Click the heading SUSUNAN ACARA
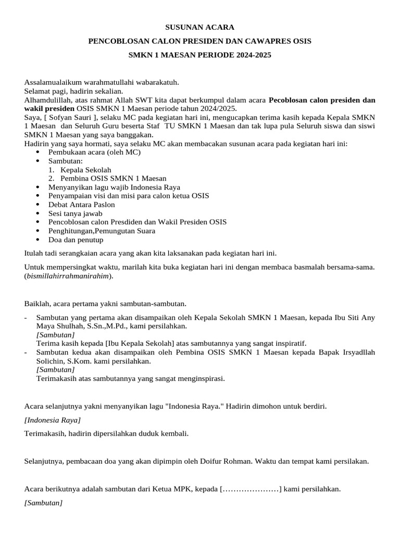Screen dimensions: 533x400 point(199,27)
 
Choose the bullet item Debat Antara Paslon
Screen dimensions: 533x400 point(81,205)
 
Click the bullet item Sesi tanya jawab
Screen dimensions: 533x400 point(75,213)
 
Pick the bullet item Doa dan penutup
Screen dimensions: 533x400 point(76,240)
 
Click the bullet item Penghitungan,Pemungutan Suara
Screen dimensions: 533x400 point(102,231)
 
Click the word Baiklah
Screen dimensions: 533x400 point(37,303)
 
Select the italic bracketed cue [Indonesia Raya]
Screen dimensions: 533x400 point(53,420)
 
